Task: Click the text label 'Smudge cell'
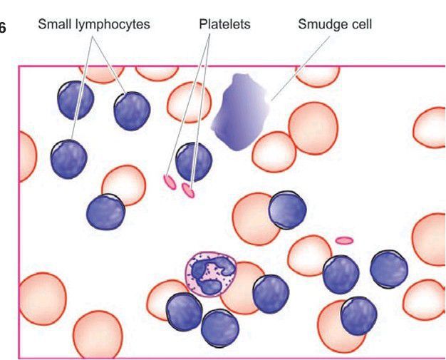(x=334, y=24)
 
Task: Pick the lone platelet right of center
(x=344, y=241)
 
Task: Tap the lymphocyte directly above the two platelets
(x=194, y=160)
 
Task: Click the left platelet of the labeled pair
(x=170, y=182)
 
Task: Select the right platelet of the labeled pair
(x=188, y=190)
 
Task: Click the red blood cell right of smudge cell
(x=313, y=126)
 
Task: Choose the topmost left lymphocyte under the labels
(x=76, y=100)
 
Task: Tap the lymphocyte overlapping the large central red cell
(x=287, y=210)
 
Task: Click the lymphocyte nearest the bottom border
(x=219, y=329)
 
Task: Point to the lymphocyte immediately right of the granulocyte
(x=270, y=294)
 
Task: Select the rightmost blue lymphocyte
(x=388, y=269)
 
